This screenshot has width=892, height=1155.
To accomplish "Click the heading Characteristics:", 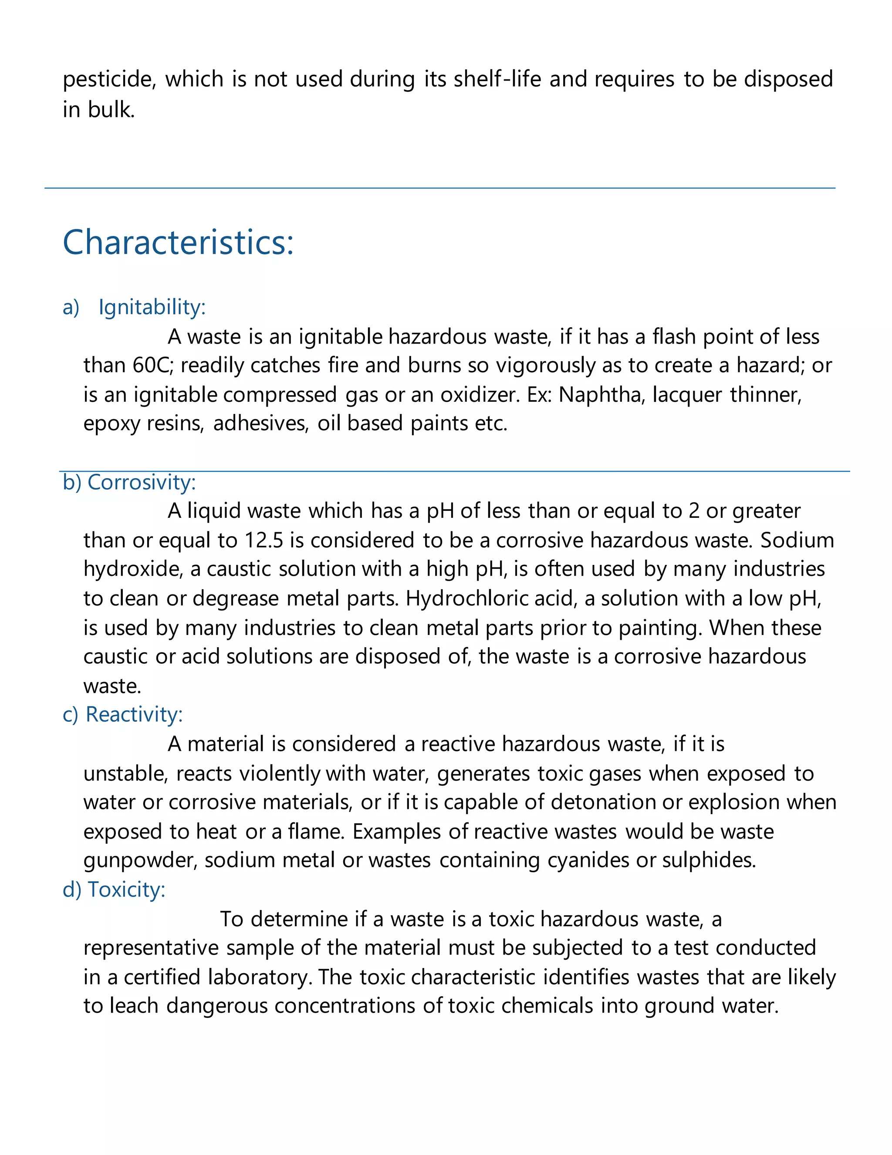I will pos(178,243).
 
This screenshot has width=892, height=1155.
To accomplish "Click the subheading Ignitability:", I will pos(152,307).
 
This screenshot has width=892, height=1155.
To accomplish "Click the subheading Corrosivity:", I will pos(141,482).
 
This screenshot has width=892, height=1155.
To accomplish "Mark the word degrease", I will pos(235,599).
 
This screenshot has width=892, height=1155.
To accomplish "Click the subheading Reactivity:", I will pos(134,714).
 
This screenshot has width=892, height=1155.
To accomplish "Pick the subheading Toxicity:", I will pos(126,890).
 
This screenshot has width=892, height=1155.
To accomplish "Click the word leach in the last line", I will pos(134,1006).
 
